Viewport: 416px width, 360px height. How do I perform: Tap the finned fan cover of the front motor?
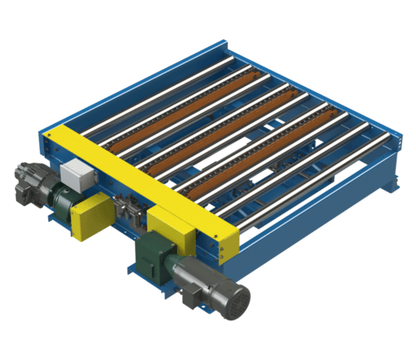235,299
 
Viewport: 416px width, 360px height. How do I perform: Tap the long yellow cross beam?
143,181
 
